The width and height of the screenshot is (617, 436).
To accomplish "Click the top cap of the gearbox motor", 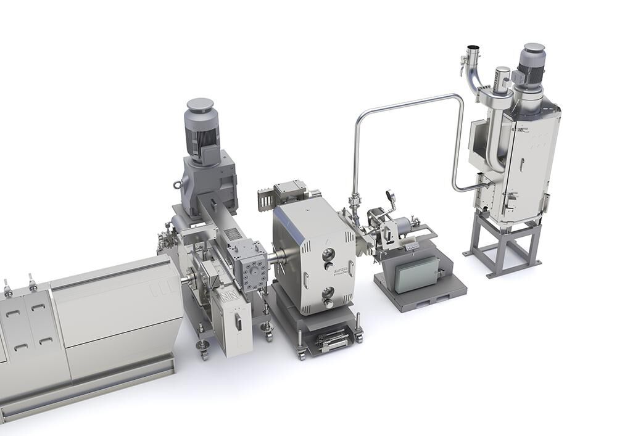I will click(200, 105).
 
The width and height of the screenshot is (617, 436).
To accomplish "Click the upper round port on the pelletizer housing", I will click(328, 255).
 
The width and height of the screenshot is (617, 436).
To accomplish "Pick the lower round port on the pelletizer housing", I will click(328, 292).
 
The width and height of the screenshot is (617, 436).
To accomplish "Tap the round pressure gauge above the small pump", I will click(390, 196).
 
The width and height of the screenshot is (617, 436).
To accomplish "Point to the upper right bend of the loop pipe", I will click(458, 99).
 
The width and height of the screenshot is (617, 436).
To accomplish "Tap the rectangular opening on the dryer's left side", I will click(478, 138).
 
